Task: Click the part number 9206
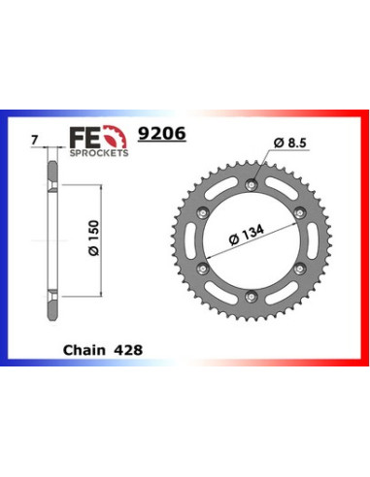(161, 133)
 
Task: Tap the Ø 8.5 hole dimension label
(289, 143)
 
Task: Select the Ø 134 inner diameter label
(246, 235)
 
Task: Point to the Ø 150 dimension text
(94, 238)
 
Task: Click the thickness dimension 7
(35, 141)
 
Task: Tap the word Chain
(84, 350)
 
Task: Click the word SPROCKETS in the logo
(99, 153)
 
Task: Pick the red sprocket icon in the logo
(115, 137)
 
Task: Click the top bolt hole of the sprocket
(252, 184)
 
